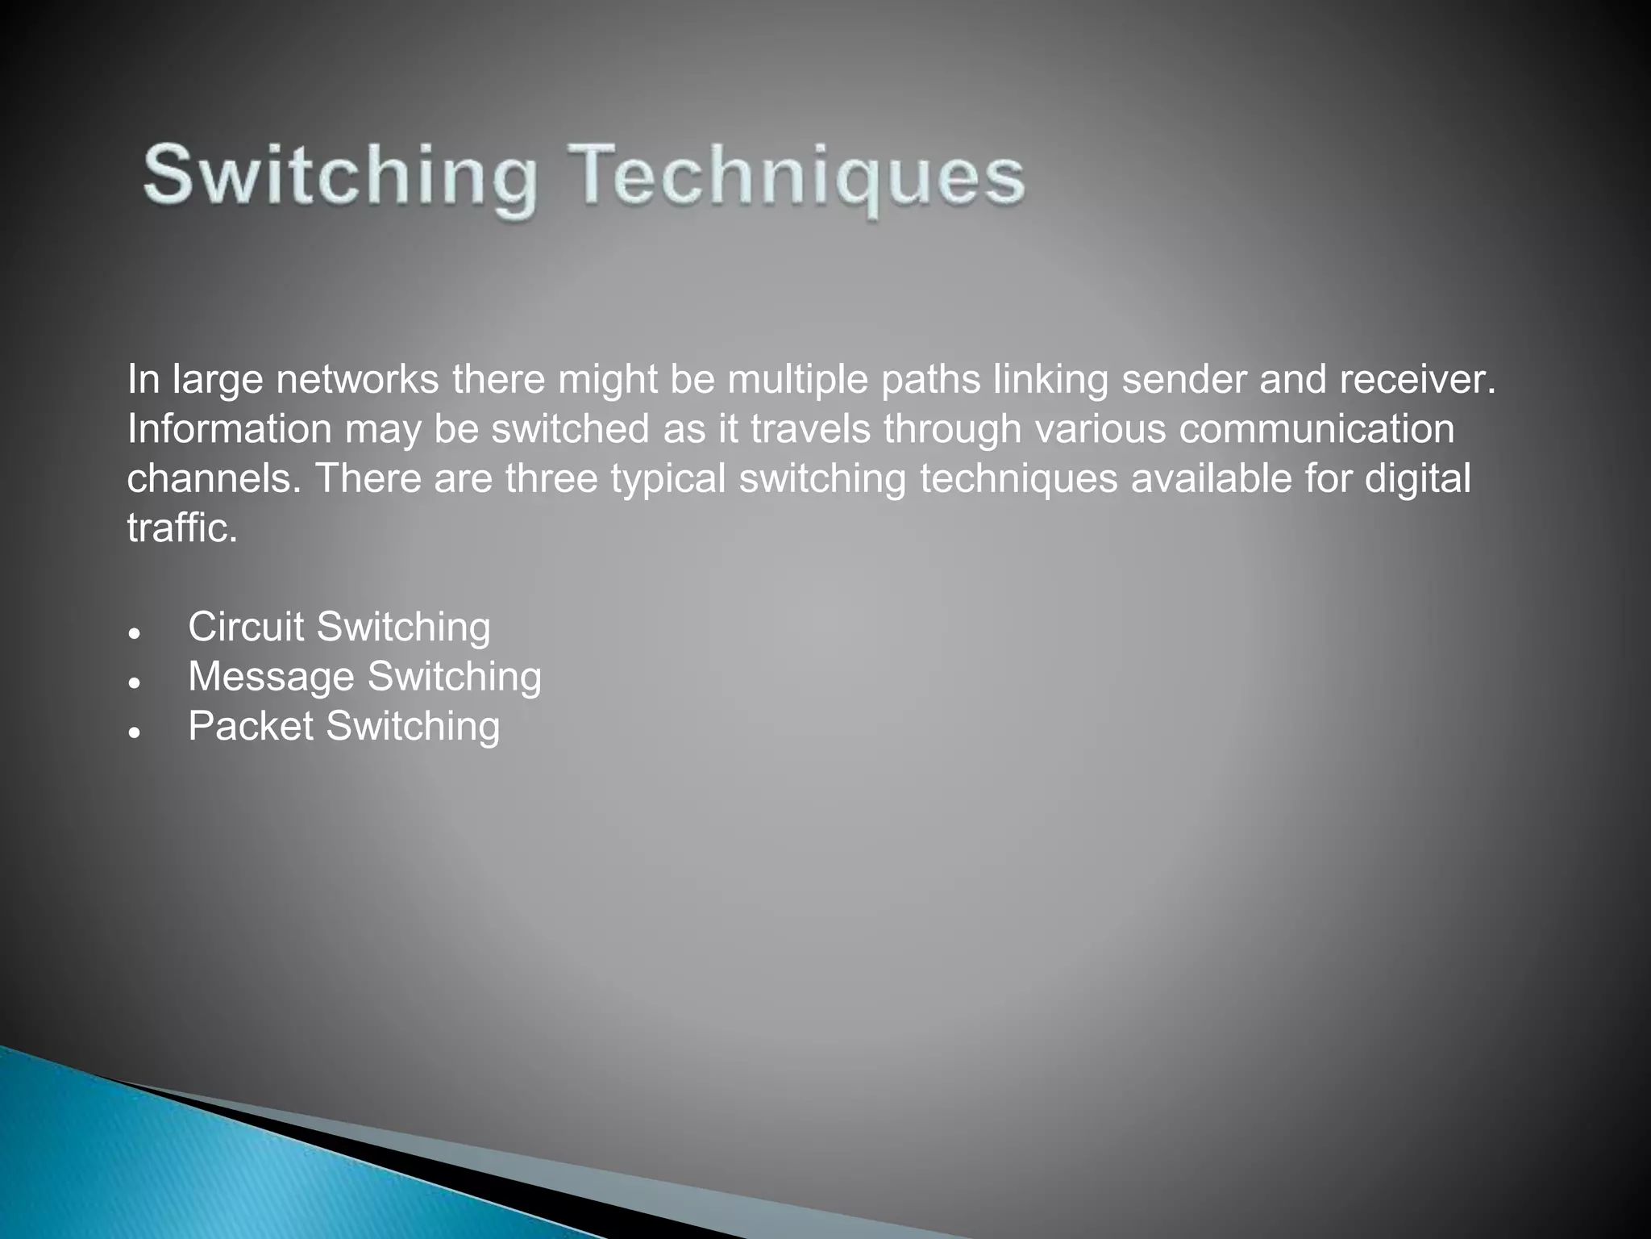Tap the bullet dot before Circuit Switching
135,632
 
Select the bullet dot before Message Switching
135,682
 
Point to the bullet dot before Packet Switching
135,732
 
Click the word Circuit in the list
246,627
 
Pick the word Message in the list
271,677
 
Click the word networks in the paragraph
357,380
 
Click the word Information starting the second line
229,429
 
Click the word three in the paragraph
551,478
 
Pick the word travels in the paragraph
810,429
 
